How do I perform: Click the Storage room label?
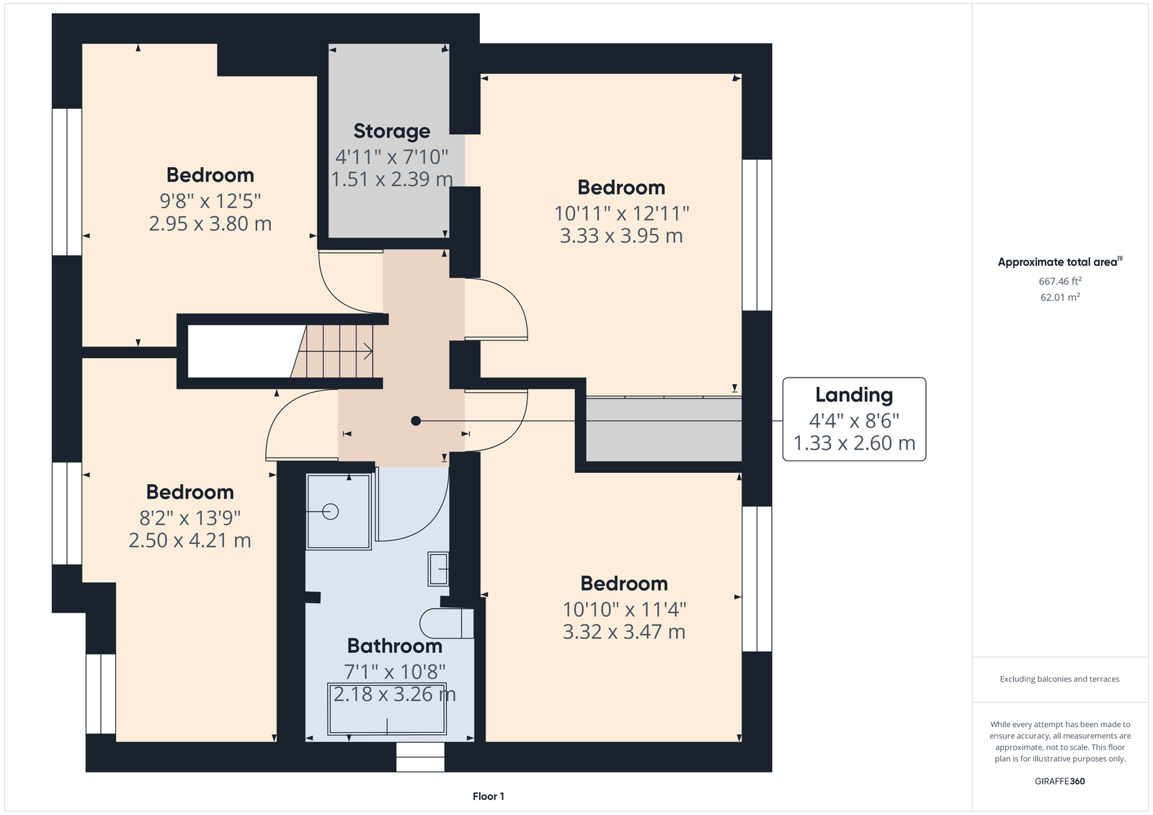tap(392, 132)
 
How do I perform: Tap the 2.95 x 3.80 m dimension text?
tap(210, 223)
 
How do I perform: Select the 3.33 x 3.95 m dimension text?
tap(621, 236)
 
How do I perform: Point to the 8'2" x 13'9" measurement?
tap(190, 517)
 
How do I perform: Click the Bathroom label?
tap(395, 646)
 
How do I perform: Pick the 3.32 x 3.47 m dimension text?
tap(624, 632)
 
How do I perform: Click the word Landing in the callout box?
tap(854, 396)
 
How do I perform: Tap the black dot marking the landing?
tap(416, 421)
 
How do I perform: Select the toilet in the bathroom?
tap(447, 623)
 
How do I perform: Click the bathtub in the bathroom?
tap(387, 709)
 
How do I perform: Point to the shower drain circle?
tap(330, 512)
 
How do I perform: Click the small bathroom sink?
tap(438, 569)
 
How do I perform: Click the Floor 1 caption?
tap(489, 796)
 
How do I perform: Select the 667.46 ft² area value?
tap(1060, 281)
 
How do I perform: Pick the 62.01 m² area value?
tap(1060, 297)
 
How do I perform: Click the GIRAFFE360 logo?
tap(1060, 781)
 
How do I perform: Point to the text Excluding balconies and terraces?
tap(1059, 679)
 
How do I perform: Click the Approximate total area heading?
tap(1059, 262)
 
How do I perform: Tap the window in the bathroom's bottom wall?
tap(420, 757)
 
